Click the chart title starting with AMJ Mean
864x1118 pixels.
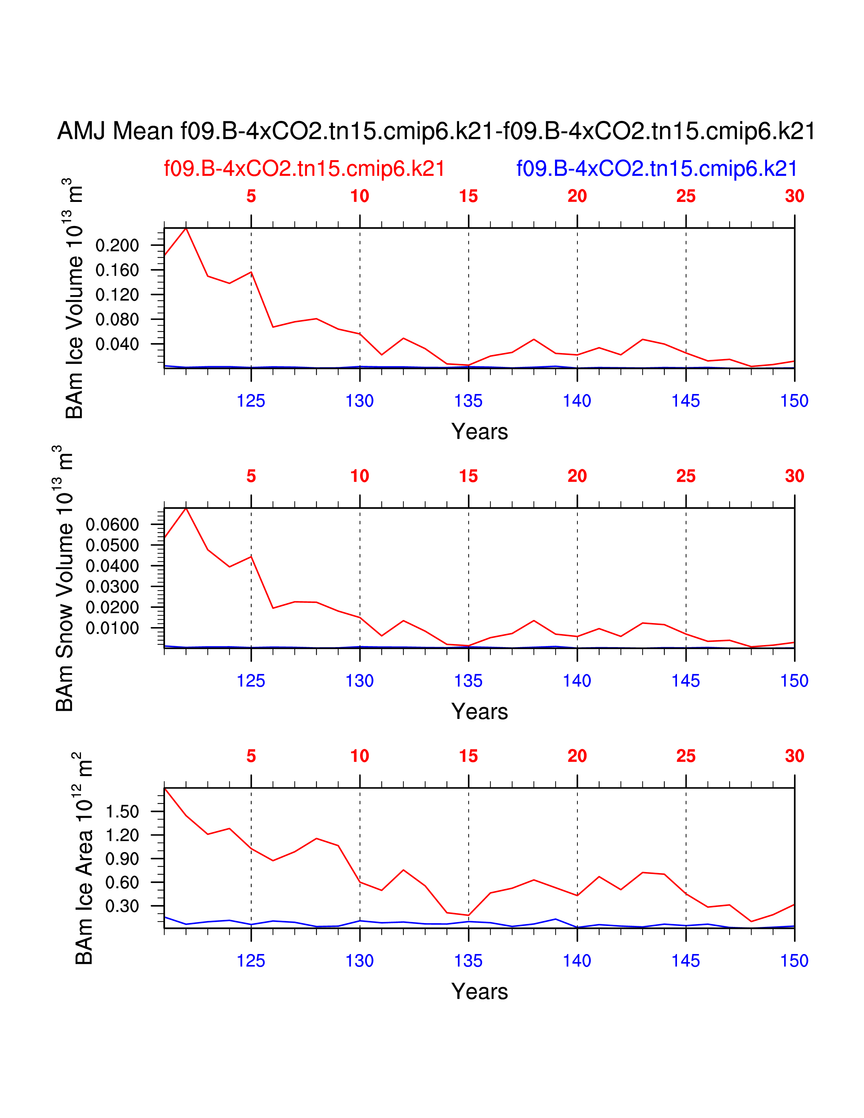click(x=436, y=131)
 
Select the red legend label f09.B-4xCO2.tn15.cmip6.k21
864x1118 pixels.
click(x=304, y=168)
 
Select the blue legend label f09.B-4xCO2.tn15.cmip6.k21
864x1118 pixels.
click(x=657, y=168)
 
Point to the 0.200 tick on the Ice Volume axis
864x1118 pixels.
click(x=117, y=245)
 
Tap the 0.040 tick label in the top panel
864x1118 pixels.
click(x=117, y=344)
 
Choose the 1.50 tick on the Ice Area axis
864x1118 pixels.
click(x=122, y=811)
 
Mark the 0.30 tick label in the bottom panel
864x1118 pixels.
click(x=122, y=906)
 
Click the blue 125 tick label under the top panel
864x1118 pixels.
click(x=251, y=401)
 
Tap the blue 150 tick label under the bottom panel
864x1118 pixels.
click(x=794, y=961)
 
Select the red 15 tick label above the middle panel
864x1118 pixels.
click(x=468, y=476)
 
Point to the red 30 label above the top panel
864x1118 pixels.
click(x=795, y=196)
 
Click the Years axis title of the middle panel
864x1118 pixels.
click(x=479, y=711)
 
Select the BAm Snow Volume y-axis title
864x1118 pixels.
click(x=65, y=578)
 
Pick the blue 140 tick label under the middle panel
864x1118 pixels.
click(x=577, y=681)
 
